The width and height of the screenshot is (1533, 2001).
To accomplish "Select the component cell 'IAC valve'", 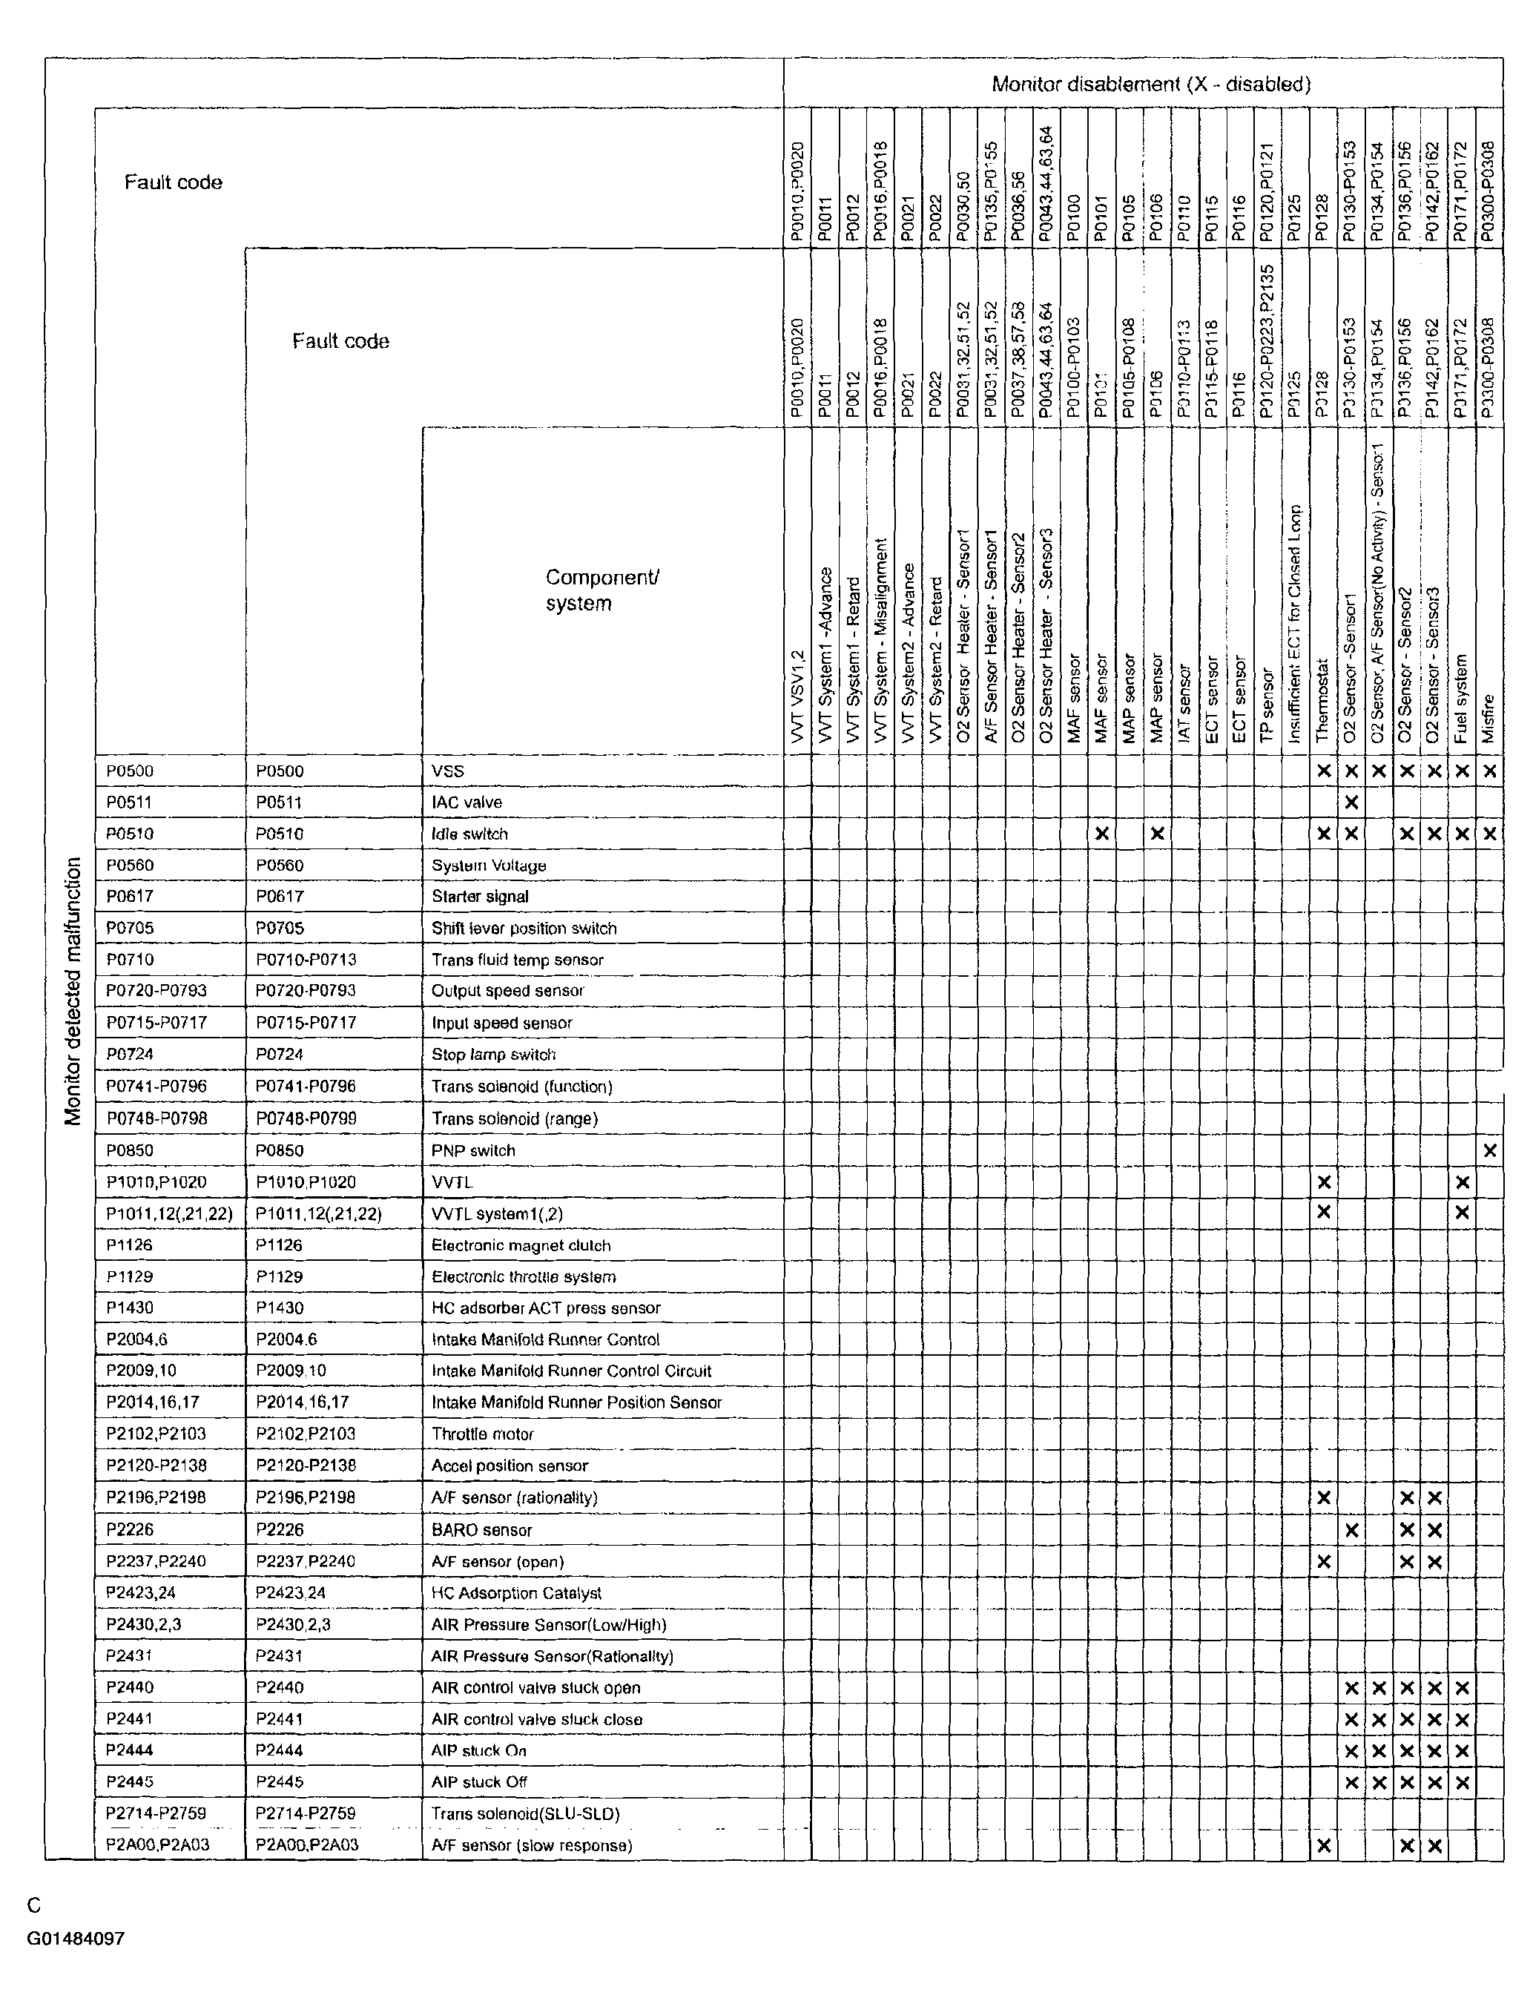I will click(x=467, y=802).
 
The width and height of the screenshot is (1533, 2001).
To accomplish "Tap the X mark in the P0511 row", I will click(x=1351, y=802).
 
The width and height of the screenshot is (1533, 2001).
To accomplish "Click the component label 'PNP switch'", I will click(x=472, y=1150).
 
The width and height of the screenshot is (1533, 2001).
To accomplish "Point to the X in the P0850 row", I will click(x=1489, y=1150).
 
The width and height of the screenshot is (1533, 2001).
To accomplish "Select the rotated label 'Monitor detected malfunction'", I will click(x=73, y=990).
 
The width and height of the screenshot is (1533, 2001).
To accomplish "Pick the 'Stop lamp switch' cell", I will click(x=494, y=1055).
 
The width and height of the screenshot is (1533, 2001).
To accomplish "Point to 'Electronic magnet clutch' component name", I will click(x=521, y=1245).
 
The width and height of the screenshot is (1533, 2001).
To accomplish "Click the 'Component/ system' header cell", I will click(x=601, y=590).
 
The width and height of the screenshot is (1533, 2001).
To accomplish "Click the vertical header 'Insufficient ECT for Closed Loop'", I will click(x=1296, y=624).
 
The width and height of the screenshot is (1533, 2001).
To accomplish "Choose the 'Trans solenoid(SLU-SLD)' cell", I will click(x=526, y=1813).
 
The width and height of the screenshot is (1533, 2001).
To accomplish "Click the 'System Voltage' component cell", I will click(x=488, y=865).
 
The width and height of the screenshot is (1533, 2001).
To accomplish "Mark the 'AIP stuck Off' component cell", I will click(x=479, y=1781).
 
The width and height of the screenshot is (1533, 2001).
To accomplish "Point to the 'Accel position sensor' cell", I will click(x=510, y=1466).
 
